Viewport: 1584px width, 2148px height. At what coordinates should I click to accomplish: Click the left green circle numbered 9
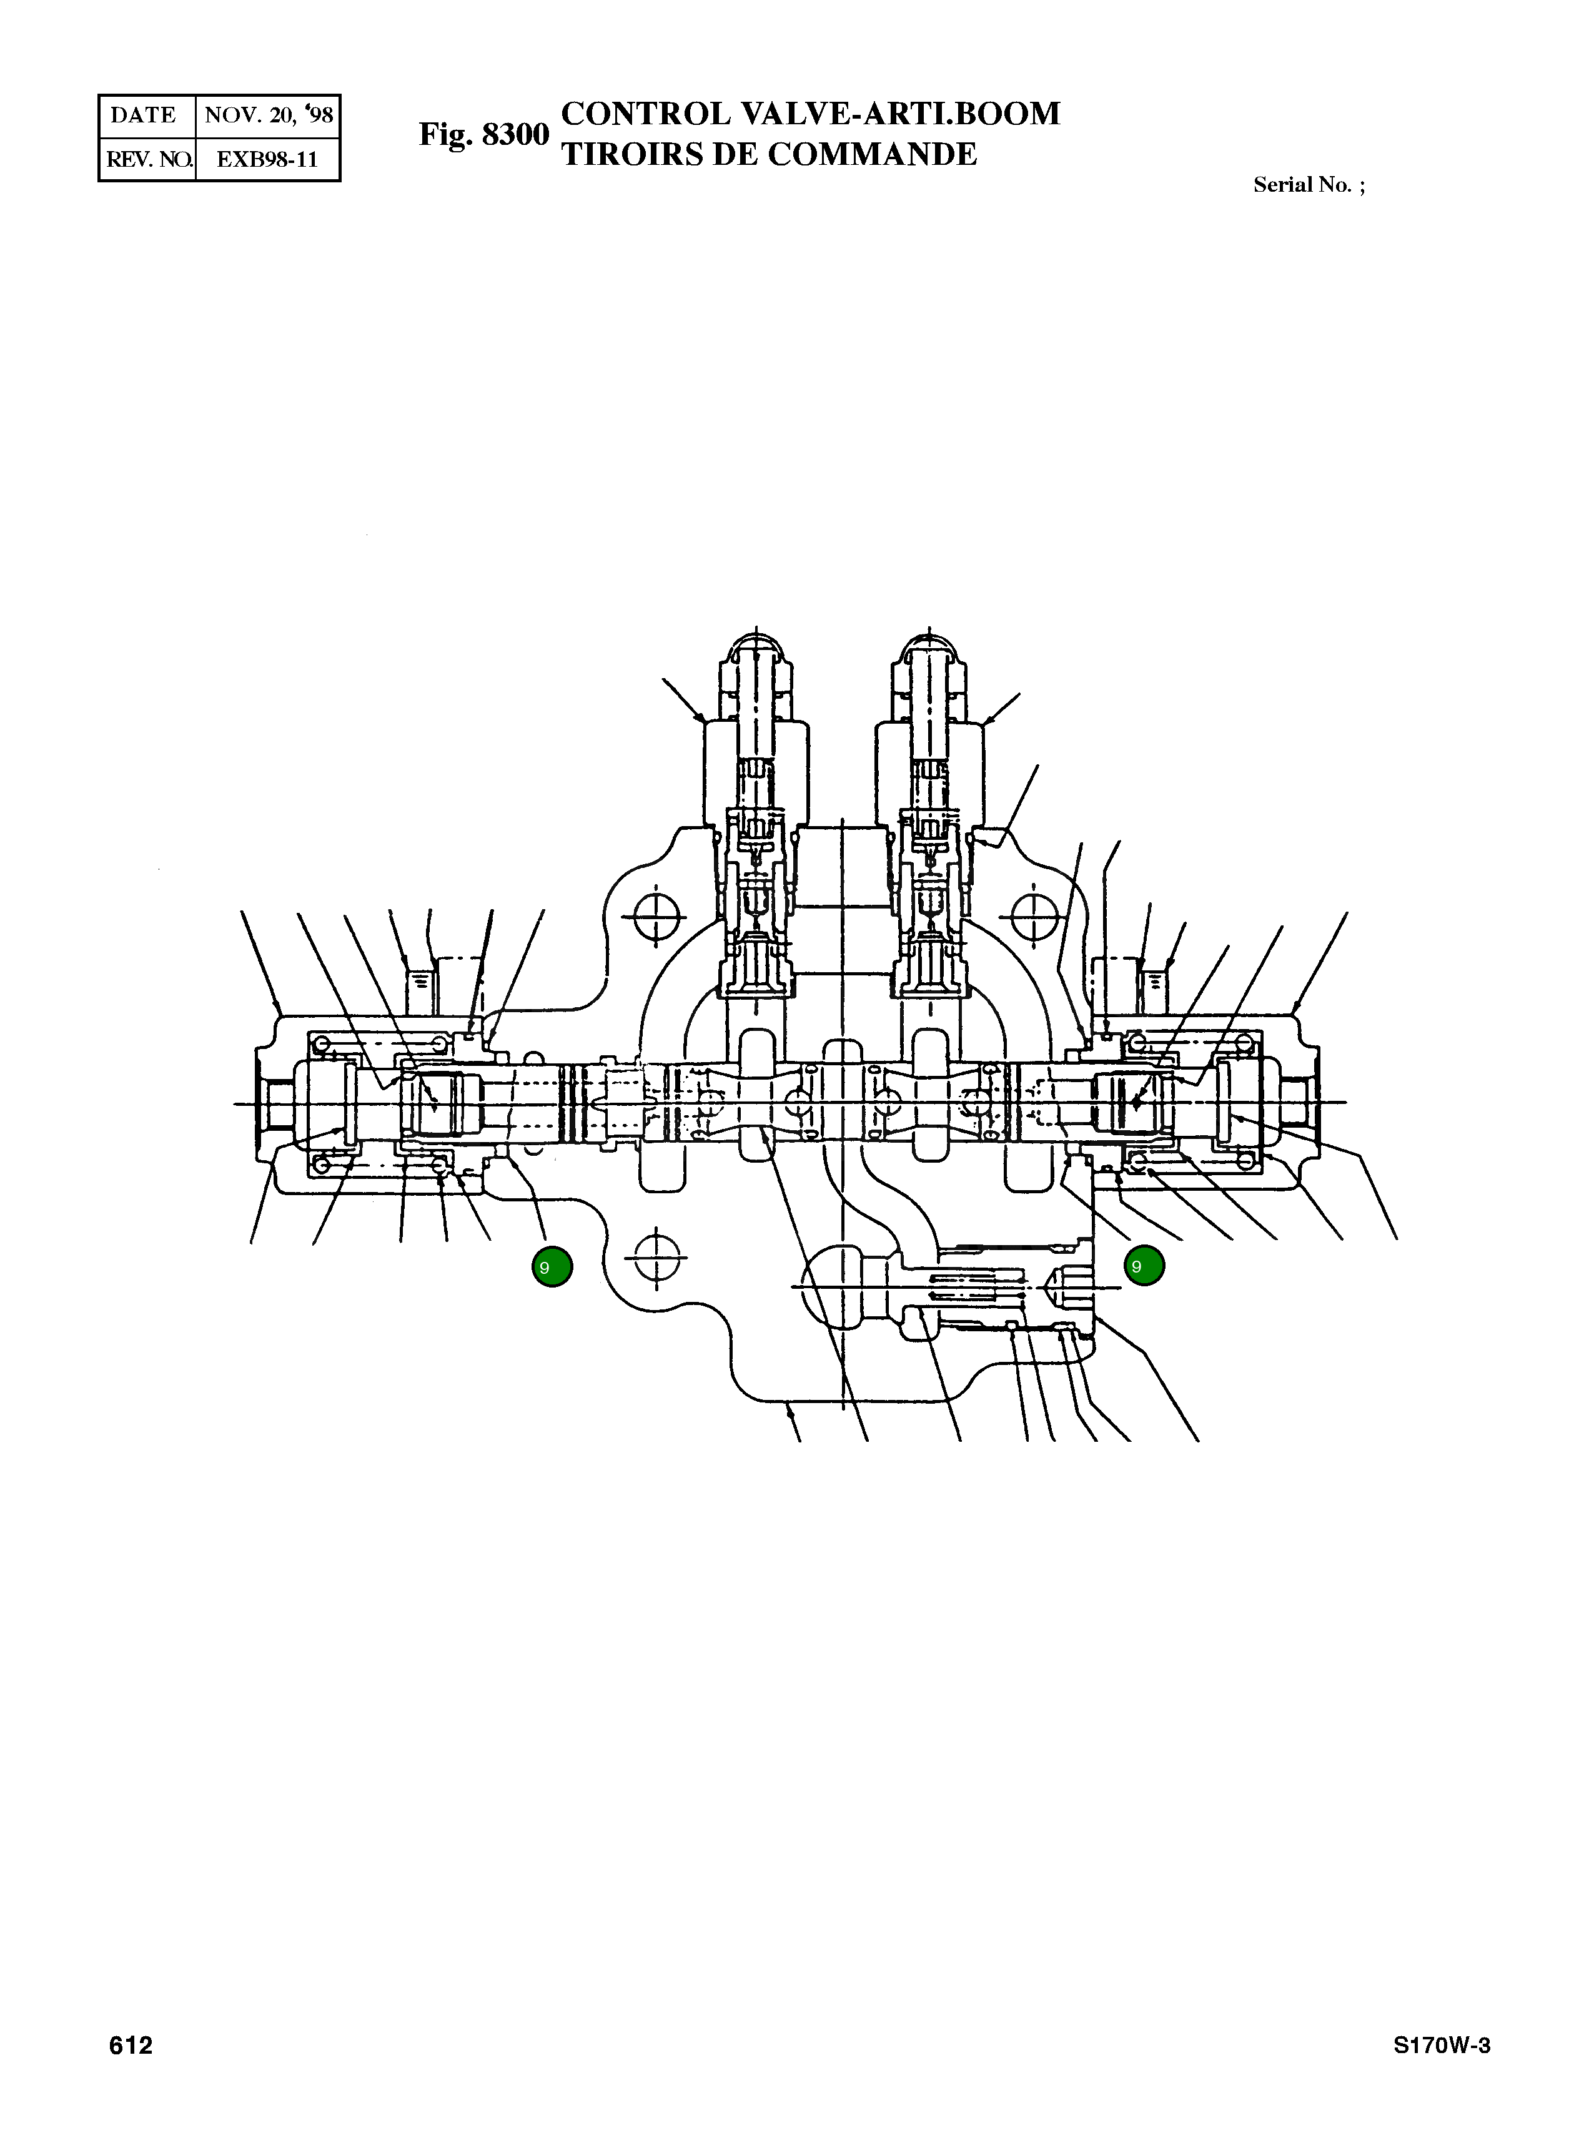(x=552, y=1267)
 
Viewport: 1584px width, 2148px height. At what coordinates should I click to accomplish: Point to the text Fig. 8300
(x=483, y=135)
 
